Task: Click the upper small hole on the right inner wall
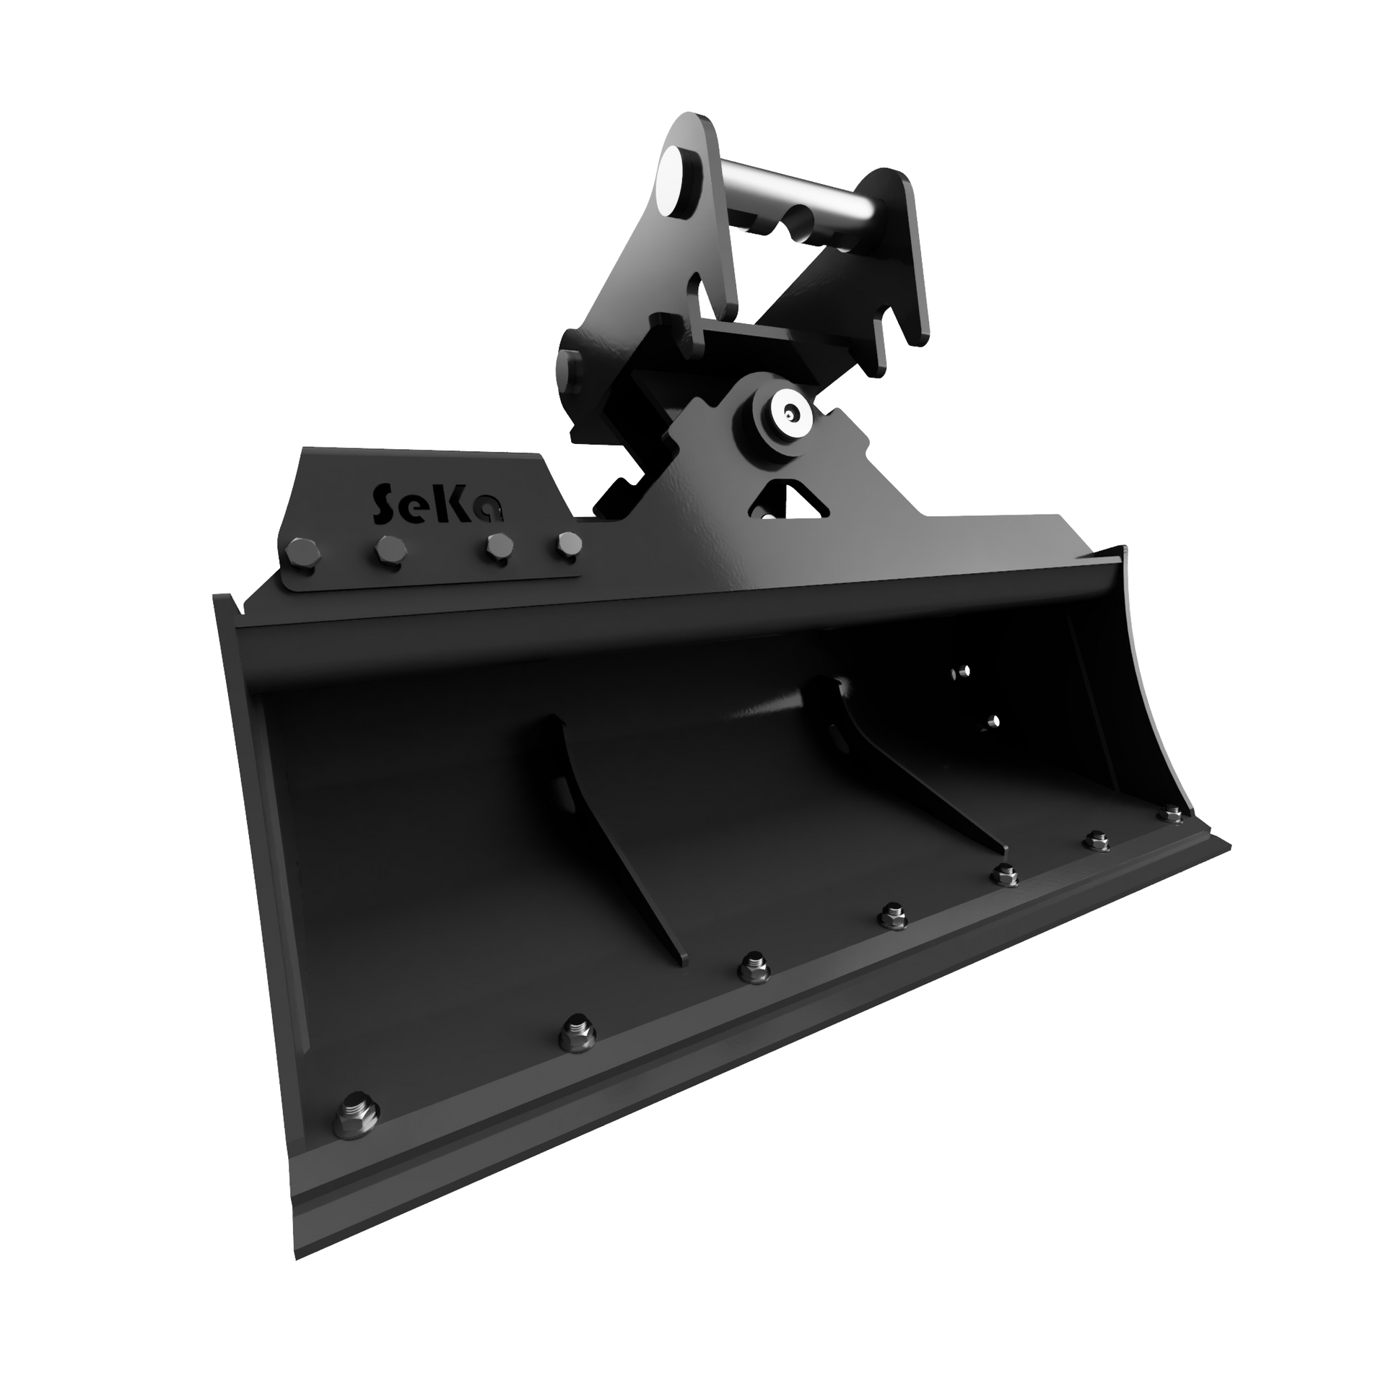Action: [x=960, y=672]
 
